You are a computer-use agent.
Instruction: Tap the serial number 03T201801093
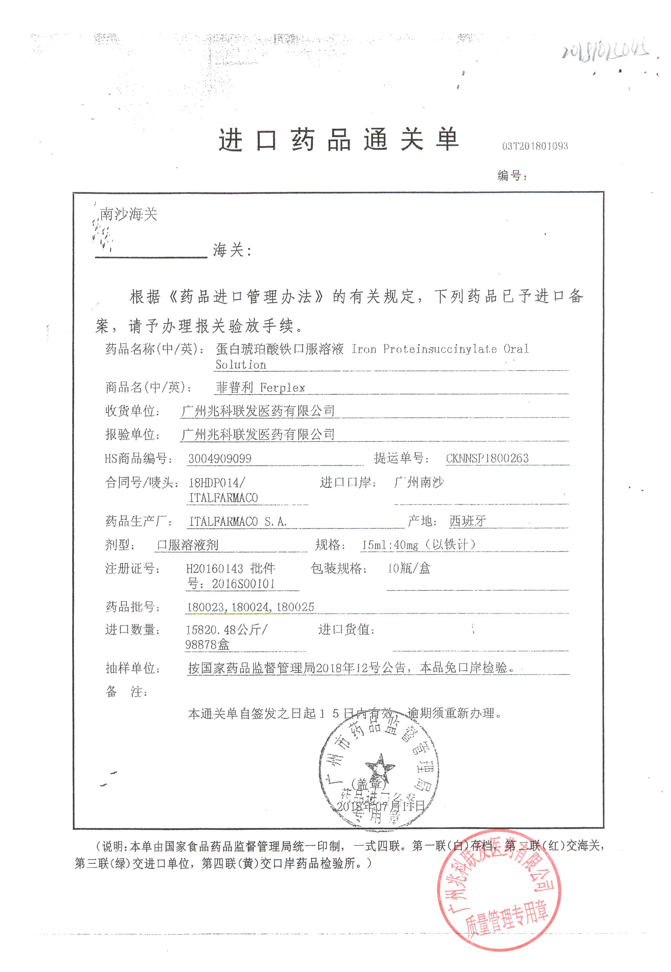[535, 146]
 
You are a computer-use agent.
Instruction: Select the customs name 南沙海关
[128, 214]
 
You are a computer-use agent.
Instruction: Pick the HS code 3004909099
[219, 458]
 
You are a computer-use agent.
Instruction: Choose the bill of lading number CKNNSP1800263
[487, 458]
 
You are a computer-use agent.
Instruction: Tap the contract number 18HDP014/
[216, 483]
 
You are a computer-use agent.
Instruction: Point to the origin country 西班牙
[467, 521]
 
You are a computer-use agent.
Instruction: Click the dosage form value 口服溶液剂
[188, 545]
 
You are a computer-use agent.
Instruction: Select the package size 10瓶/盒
[409, 569]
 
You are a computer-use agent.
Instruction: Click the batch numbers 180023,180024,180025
[251, 607]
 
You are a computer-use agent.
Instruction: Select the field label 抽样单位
[132, 668]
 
